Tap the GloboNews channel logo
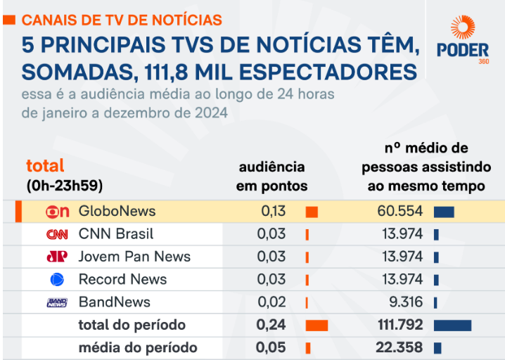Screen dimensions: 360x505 click(57, 212)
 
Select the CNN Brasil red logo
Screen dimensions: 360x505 click(57, 234)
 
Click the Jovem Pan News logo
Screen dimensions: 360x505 click(57, 257)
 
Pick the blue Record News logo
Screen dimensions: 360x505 click(57, 279)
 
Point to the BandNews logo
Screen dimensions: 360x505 click(57, 302)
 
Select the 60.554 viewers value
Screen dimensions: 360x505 click(400, 211)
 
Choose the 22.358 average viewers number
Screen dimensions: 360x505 click(399, 347)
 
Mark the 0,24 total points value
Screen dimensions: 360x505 click(271, 325)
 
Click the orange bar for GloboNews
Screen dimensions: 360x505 click(312, 212)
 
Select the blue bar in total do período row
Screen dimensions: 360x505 click(452, 325)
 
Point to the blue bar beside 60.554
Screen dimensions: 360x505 click(444, 212)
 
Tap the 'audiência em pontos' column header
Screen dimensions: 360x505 click(272, 176)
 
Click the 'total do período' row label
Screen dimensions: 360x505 click(132, 325)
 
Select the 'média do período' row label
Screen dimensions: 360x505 click(138, 347)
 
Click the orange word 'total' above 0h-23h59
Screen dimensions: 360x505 click(45, 166)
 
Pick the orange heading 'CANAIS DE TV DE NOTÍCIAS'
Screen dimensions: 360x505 click(122, 20)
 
